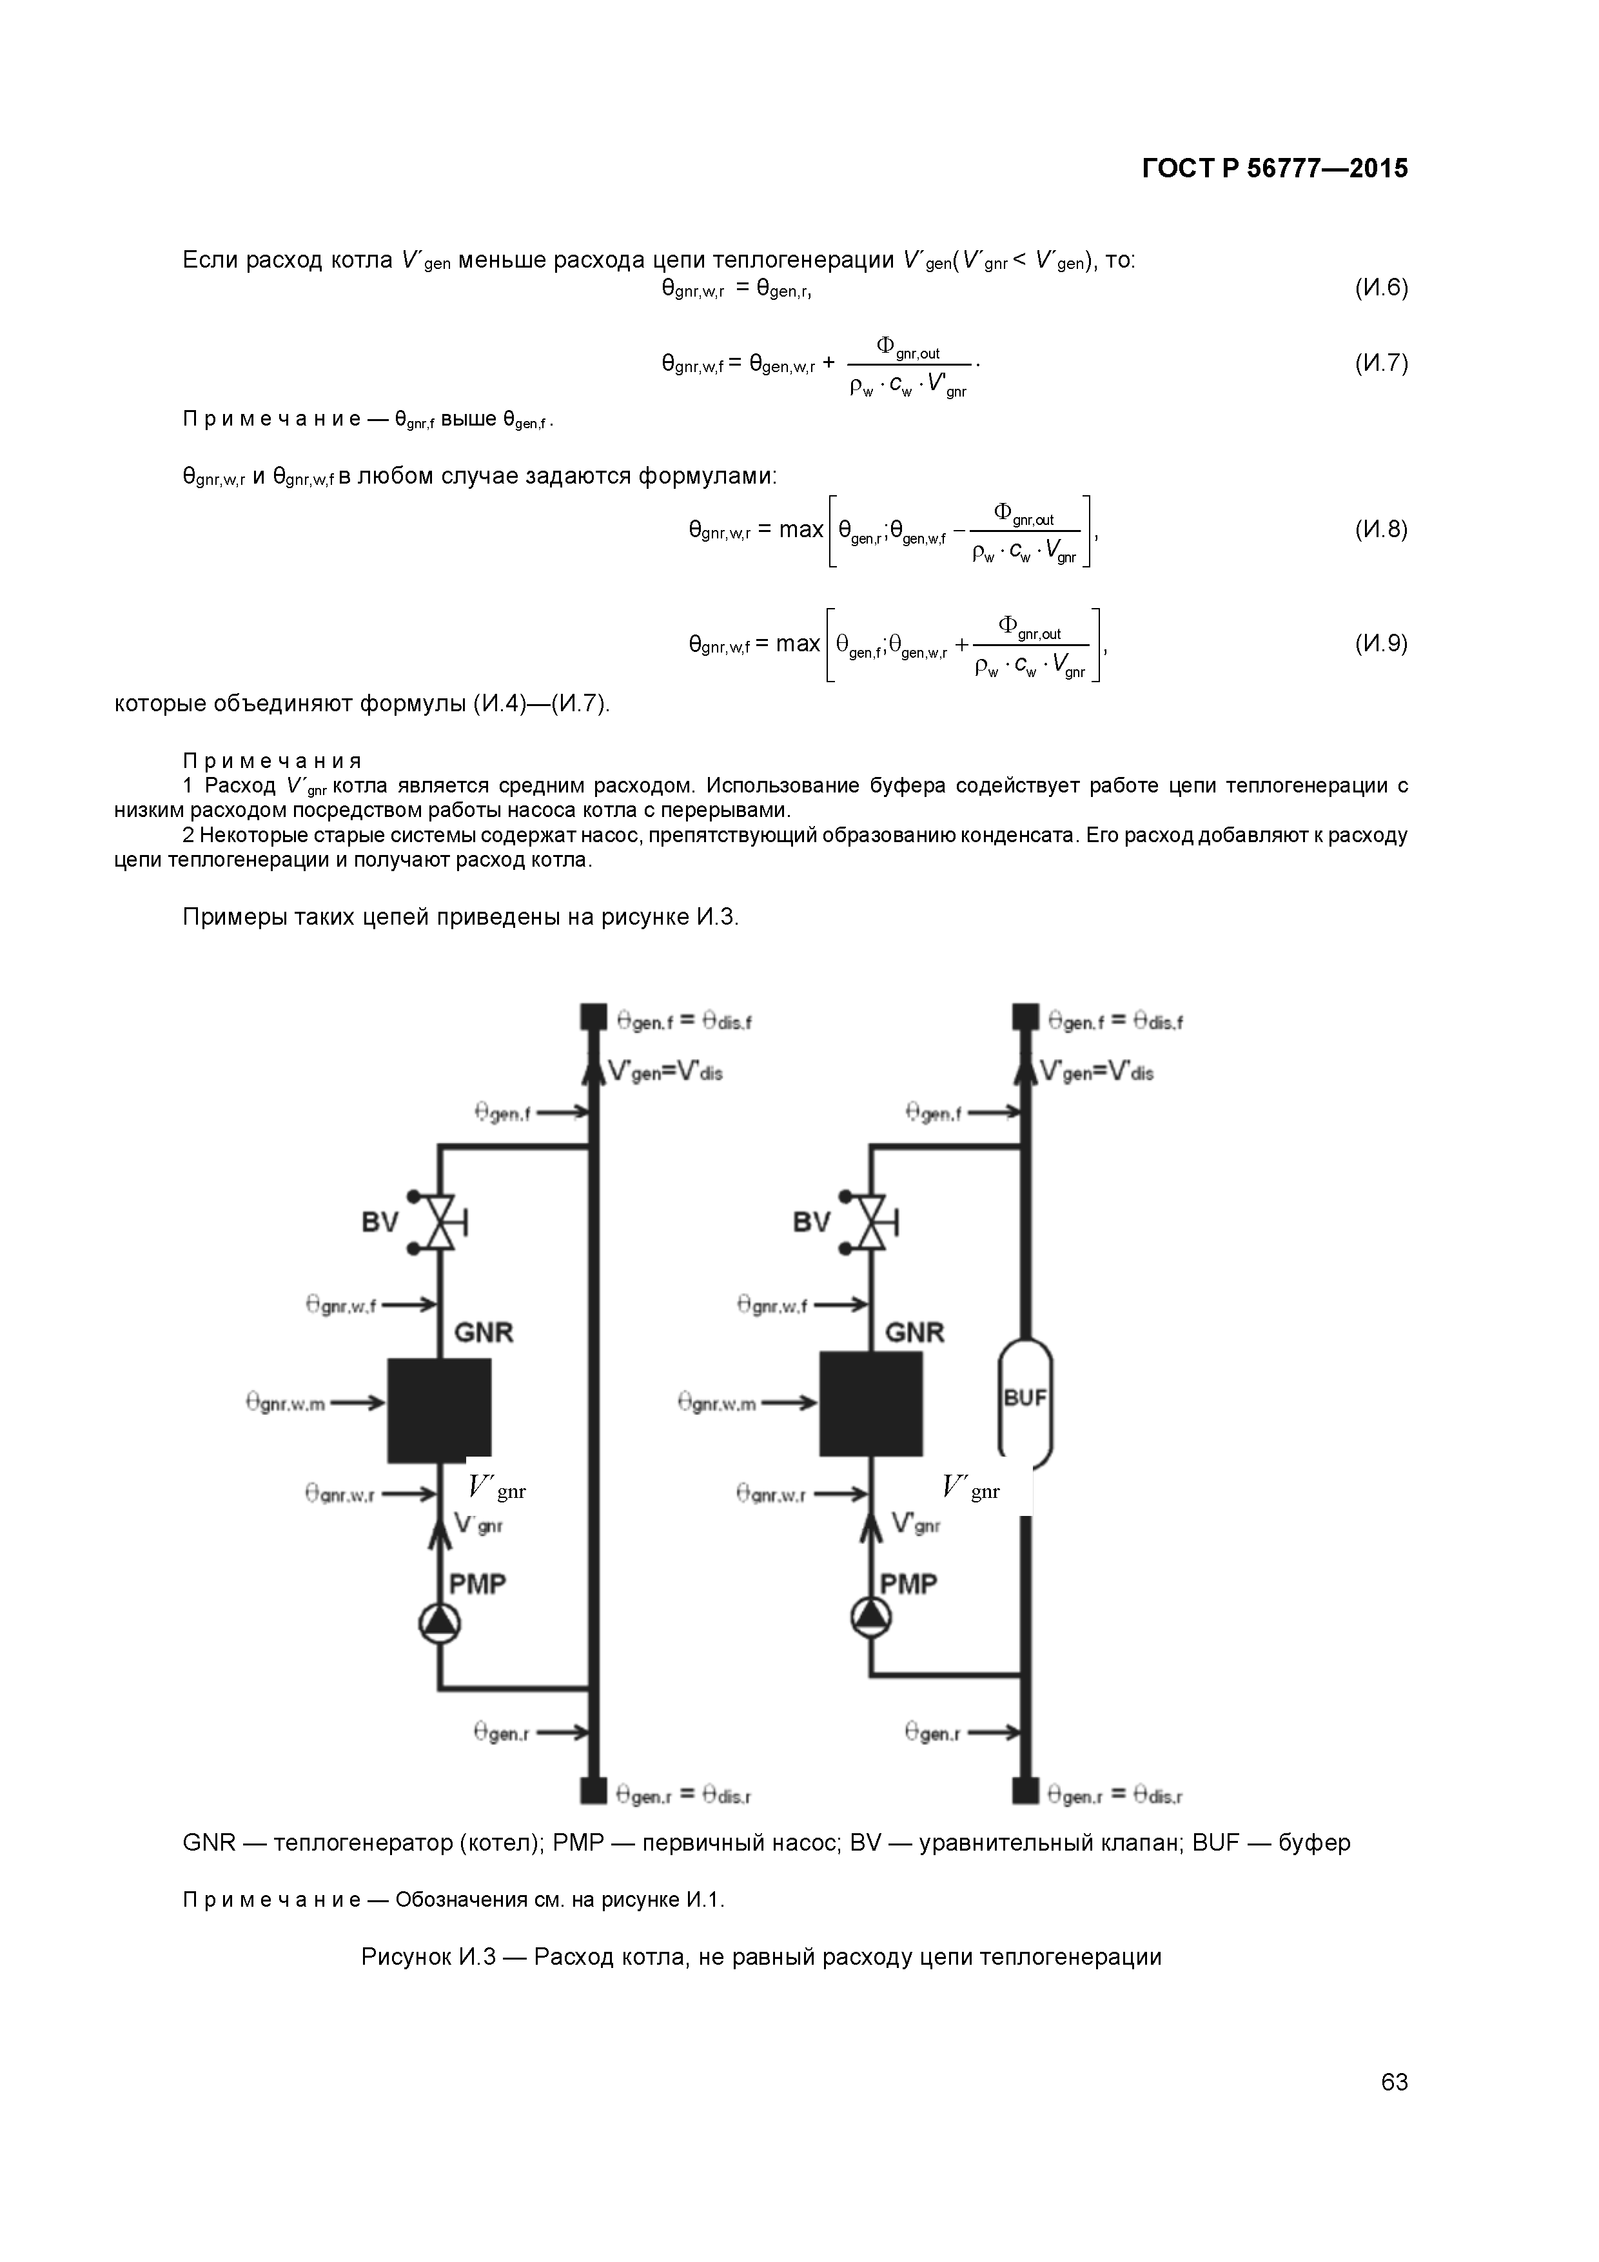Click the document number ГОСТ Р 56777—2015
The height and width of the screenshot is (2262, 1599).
1274,170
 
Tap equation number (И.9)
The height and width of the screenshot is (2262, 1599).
1380,644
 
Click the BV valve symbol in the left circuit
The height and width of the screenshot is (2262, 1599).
440,1223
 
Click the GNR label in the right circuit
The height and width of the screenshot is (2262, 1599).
914,1333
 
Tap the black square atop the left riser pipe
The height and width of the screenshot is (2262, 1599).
592,1016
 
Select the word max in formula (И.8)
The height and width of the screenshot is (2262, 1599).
801,530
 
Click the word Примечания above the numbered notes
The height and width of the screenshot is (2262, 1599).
273,762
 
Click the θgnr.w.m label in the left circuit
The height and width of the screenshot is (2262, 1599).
286,1403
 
